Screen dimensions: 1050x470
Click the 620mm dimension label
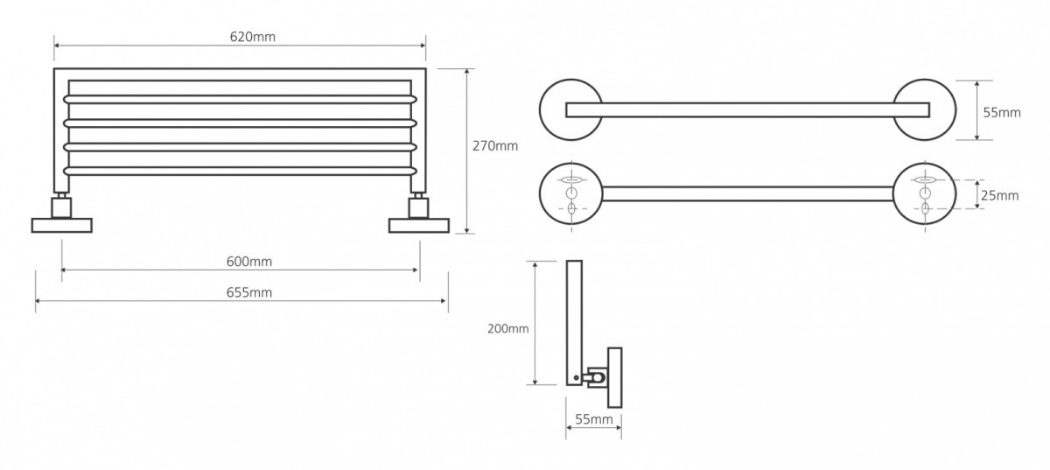pos(253,37)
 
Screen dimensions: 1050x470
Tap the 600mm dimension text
pos(248,262)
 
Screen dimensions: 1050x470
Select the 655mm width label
pos(248,292)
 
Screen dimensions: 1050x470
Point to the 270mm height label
pos(495,146)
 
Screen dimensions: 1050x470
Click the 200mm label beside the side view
pos(508,329)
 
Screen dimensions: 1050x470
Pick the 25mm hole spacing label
pos(1000,195)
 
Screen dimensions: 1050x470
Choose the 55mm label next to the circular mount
pos(1002,113)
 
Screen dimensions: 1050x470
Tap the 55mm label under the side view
pos(594,419)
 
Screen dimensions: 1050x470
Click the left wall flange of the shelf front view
pos(62,225)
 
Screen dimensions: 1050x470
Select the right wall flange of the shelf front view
pos(418,225)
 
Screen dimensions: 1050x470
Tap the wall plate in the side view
pos(615,377)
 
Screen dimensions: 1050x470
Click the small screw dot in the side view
pos(576,377)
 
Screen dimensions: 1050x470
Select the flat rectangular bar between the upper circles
pos(747,109)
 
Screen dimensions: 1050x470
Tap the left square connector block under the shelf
pos(61,207)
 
